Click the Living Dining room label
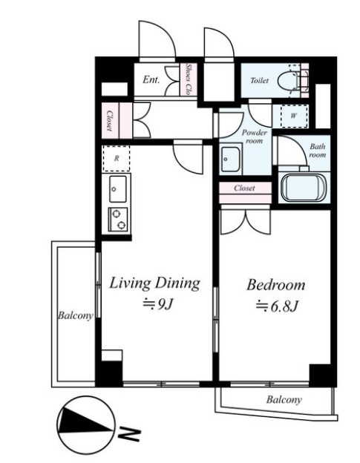pyautogui.click(x=154, y=283)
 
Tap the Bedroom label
pyautogui.click(x=276, y=285)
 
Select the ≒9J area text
pyautogui.click(x=157, y=304)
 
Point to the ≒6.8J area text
pyautogui.click(x=276, y=306)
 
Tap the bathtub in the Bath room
pyautogui.click(x=304, y=187)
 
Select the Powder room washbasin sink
pyautogui.click(x=231, y=160)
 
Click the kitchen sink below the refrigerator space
pyautogui.click(x=118, y=188)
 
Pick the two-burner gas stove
pyautogui.click(x=118, y=220)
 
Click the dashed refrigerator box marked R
pyautogui.click(x=117, y=159)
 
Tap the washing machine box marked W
pyautogui.click(x=293, y=116)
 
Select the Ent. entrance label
pyautogui.click(x=151, y=79)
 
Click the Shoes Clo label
pyautogui.click(x=188, y=79)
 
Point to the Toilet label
pyautogui.click(x=260, y=80)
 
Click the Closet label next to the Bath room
pyautogui.click(x=244, y=188)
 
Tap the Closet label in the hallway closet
pyautogui.click(x=109, y=120)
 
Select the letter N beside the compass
pyautogui.click(x=129, y=434)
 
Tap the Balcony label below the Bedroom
pyautogui.click(x=284, y=400)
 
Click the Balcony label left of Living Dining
pyautogui.click(x=75, y=315)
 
